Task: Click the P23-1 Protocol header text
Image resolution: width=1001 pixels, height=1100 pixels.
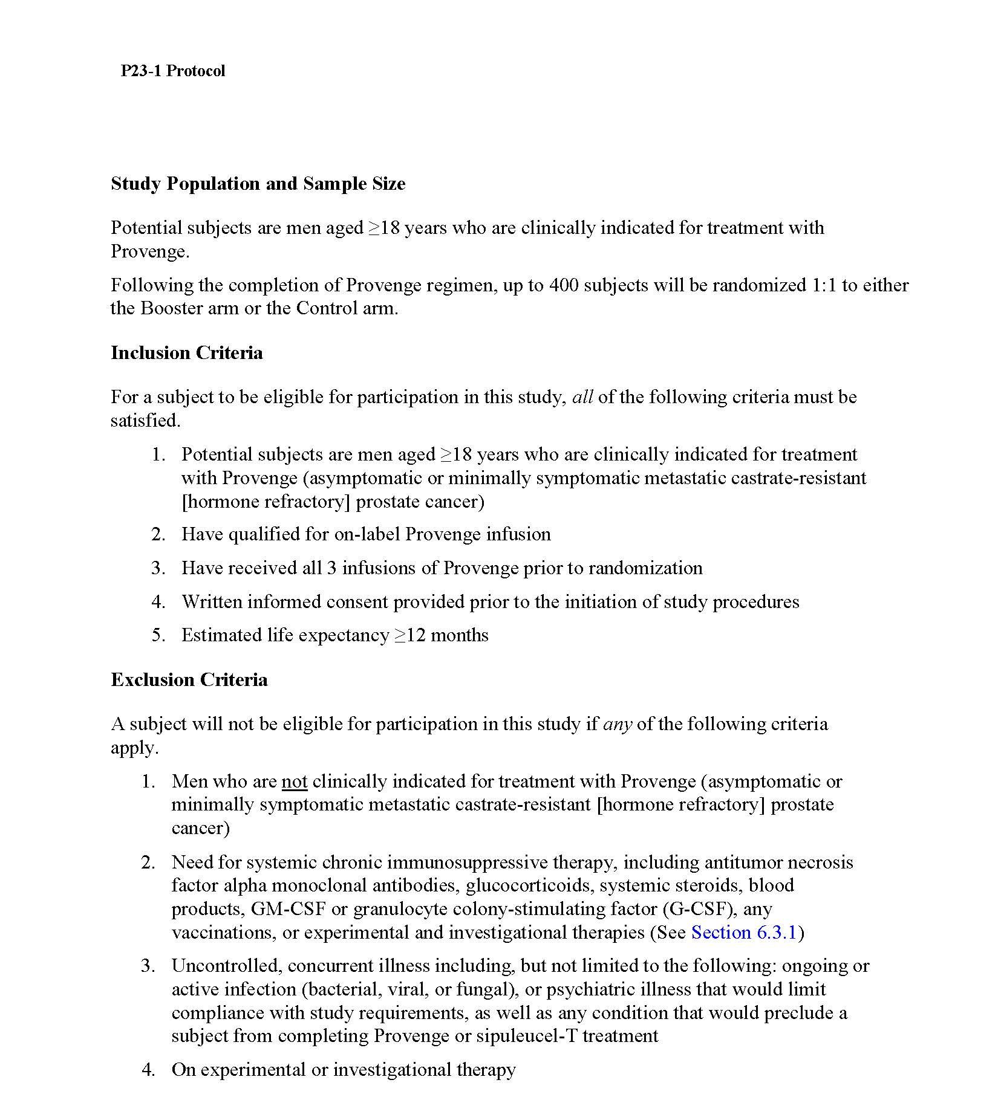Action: pos(172,71)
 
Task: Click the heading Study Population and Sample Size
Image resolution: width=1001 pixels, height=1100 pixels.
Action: pos(258,184)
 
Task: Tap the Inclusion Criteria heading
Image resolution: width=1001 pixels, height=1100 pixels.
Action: pos(186,353)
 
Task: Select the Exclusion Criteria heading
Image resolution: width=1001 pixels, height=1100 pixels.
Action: pos(189,680)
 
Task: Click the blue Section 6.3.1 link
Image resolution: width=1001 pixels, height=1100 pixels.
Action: pos(743,933)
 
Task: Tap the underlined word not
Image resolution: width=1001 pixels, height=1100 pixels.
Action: pos(294,782)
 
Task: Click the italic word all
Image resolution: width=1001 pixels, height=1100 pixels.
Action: pos(582,398)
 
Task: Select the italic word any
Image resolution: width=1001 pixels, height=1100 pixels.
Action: pos(617,724)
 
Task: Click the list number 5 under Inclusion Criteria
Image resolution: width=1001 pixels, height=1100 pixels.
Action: pos(158,635)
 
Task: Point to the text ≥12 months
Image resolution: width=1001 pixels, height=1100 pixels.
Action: pos(442,635)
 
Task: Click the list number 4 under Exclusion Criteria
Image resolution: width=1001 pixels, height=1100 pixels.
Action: pos(148,1070)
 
